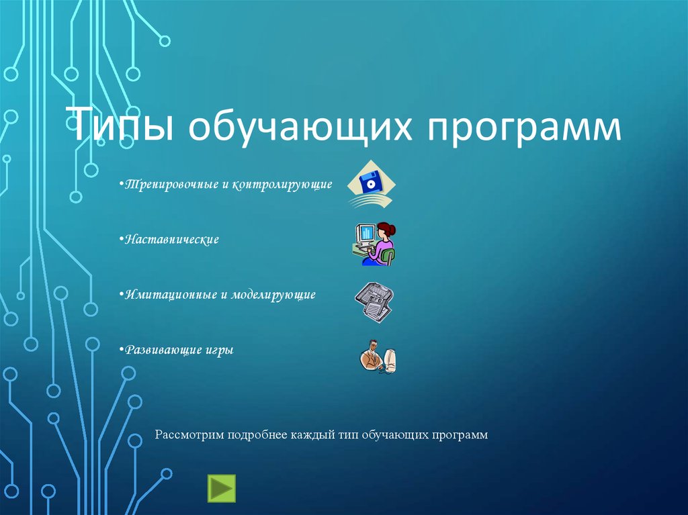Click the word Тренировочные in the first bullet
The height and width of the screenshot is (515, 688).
click(171, 184)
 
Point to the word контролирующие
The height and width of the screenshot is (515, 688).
click(282, 185)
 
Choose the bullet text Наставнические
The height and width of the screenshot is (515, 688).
click(171, 240)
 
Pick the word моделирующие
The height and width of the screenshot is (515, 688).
click(273, 295)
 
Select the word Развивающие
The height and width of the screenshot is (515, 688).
click(163, 350)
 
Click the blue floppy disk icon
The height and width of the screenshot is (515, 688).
click(371, 184)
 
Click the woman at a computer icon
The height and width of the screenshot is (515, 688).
click(374, 244)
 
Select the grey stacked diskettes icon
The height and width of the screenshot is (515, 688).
click(374, 302)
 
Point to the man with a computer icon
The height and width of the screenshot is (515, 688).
click(378, 357)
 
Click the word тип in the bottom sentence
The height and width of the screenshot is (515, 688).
click(349, 435)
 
